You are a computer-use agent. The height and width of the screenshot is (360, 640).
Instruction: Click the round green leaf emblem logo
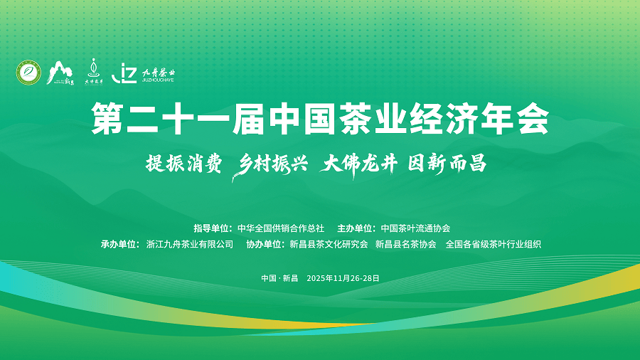28,73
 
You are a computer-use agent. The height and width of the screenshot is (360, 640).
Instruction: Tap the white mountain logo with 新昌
60,73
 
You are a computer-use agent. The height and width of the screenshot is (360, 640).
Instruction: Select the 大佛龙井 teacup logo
94,71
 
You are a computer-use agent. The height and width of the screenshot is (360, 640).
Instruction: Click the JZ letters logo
124,73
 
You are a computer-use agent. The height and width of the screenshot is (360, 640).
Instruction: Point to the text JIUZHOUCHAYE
158,80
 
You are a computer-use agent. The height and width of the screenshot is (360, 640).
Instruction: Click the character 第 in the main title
107,118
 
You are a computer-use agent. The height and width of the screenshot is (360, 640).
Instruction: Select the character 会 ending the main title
533,118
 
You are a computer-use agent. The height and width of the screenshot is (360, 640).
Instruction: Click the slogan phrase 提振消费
184,164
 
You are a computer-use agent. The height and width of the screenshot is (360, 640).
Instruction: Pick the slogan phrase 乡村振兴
270,165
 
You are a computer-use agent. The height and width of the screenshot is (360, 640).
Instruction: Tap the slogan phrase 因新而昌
447,164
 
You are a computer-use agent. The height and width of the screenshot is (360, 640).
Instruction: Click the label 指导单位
213,228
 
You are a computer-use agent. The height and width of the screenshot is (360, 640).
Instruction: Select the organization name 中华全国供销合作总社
281,228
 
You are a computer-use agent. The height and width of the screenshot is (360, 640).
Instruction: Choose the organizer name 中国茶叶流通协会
415,228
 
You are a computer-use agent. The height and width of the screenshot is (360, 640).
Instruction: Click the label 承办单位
120,244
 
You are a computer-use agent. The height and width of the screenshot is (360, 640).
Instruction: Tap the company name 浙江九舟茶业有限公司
190,244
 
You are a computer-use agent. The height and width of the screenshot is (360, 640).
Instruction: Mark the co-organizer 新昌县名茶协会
406,244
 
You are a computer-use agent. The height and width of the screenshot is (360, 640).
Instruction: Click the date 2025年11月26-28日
343,278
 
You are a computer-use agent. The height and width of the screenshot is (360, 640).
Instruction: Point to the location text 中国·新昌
279,278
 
